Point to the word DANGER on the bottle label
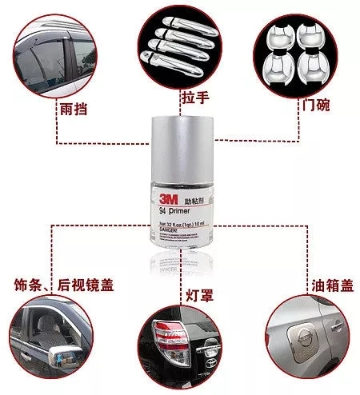(x=170, y=229)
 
